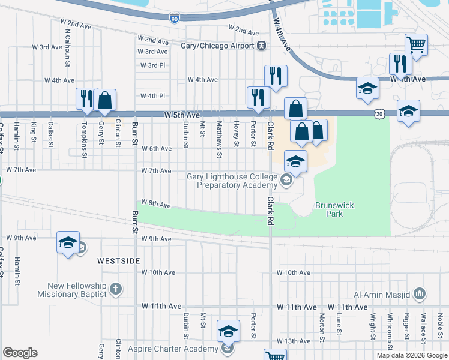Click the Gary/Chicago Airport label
[218, 46]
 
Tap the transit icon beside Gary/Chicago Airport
[261, 46]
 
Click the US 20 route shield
[378, 113]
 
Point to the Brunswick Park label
[334, 209]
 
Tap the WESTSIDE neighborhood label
[119, 261]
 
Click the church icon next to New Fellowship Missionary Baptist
[116, 290]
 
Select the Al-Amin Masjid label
[381, 294]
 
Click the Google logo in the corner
[20, 353]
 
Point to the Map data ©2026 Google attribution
[411, 355]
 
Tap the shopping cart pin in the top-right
[415, 44]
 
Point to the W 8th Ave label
[156, 204]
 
